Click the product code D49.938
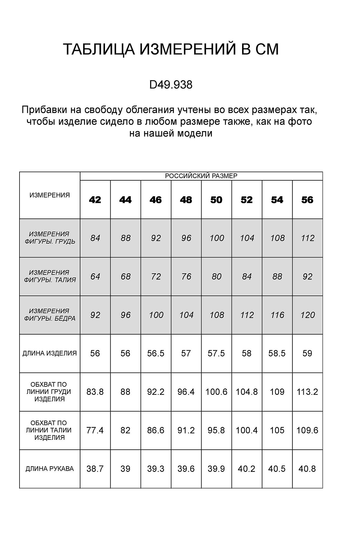pyautogui.click(x=171, y=85)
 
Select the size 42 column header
pyautogui.click(x=95, y=200)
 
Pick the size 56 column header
pyautogui.click(x=307, y=200)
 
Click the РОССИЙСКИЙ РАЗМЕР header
pyautogui.click(x=201, y=176)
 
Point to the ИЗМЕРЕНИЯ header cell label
pyautogui.click(x=50, y=195)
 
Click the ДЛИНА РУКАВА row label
pyautogui.click(x=50, y=469)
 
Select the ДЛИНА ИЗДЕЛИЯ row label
pyautogui.click(x=50, y=353)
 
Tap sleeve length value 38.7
pyautogui.click(x=95, y=469)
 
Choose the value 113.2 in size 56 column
pyautogui.click(x=307, y=392)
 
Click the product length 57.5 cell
pyautogui.click(x=216, y=353)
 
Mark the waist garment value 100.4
pyautogui.click(x=247, y=430)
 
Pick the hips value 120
pyautogui.click(x=307, y=315)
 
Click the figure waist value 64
pyautogui.click(x=95, y=276)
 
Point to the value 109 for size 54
pyautogui.click(x=277, y=392)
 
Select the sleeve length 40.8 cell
pyautogui.click(x=307, y=469)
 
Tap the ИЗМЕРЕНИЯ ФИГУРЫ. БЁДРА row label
pyautogui.click(x=50, y=315)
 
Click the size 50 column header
pyautogui.click(x=216, y=200)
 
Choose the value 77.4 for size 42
pyautogui.click(x=95, y=430)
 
